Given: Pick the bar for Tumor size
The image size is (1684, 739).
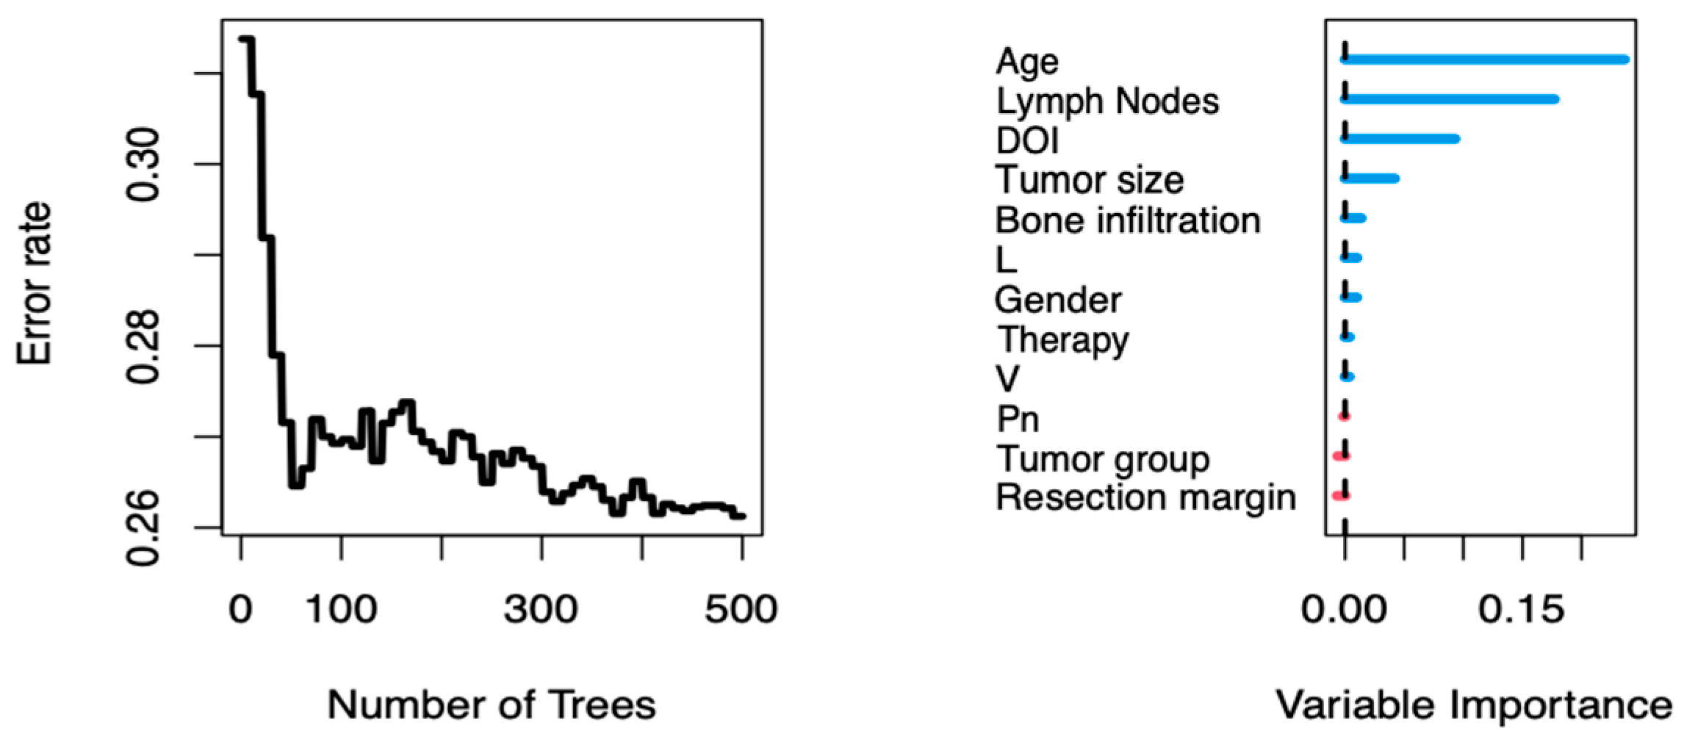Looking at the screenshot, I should pyautogui.click(x=1370, y=179).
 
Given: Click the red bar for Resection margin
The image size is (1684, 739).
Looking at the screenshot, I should pyautogui.click(x=1341, y=496).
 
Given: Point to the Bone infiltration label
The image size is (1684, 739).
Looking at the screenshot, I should pyautogui.click(x=1127, y=220).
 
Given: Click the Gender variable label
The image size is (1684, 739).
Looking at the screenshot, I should pyautogui.click(x=1057, y=300).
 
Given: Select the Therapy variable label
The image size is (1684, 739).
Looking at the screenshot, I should pyautogui.click(x=1062, y=340).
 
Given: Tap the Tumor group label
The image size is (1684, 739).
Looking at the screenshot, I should pyautogui.click(x=1102, y=460).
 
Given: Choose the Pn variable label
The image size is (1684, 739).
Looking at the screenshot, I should pyautogui.click(x=1017, y=419).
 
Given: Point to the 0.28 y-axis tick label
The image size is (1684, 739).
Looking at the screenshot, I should pyautogui.click(x=143, y=346).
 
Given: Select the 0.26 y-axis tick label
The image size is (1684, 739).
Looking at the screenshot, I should pyautogui.click(x=143, y=527).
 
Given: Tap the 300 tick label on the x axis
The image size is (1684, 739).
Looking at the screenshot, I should pyautogui.click(x=541, y=610).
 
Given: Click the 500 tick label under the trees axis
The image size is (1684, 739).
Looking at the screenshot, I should pyautogui.click(x=741, y=610).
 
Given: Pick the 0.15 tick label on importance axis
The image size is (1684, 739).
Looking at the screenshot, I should pyautogui.click(x=1521, y=610).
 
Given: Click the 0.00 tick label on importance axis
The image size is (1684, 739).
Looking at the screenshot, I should pyautogui.click(x=1345, y=610).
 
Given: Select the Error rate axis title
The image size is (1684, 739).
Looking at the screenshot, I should pyautogui.click(x=35, y=283).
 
